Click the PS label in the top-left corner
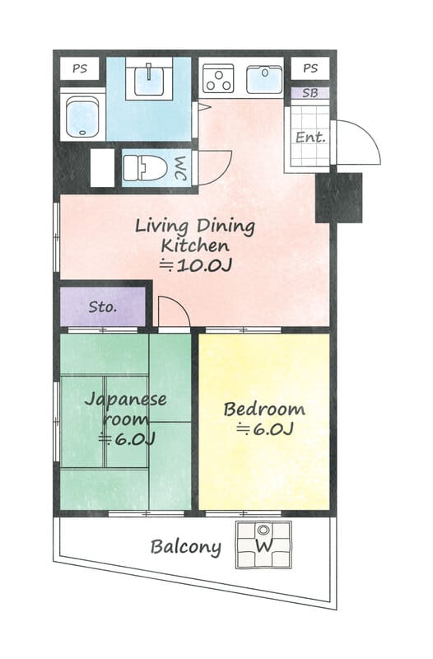pyautogui.click(x=80, y=68)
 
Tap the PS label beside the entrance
pyautogui.click(x=310, y=68)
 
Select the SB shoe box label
pyautogui.click(x=310, y=93)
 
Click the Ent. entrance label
pyautogui.click(x=311, y=137)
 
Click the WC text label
pyautogui.click(x=180, y=169)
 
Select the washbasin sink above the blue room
pyautogui.click(x=150, y=78)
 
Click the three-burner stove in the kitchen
pyautogui.click(x=218, y=78)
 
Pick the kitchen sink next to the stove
pyautogui.click(x=264, y=79)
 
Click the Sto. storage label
pyautogui.click(x=102, y=306)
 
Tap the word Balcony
pyautogui.click(x=186, y=547)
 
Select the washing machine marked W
pyautogui.click(x=263, y=545)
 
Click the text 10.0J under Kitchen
pyautogui.click(x=203, y=265)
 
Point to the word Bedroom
pyautogui.click(x=264, y=409)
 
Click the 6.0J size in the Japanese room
pyautogui.click(x=135, y=439)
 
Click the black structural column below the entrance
pyautogui.click(x=339, y=198)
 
